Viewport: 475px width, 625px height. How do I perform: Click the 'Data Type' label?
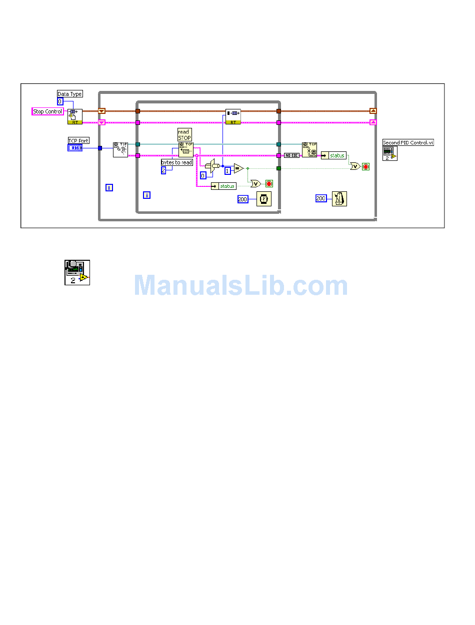(x=69, y=94)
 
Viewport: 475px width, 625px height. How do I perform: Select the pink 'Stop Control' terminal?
(x=47, y=111)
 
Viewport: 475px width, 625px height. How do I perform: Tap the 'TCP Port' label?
(x=78, y=141)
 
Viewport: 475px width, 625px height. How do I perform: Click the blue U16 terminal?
(x=75, y=148)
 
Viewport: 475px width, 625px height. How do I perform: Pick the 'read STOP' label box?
(x=184, y=135)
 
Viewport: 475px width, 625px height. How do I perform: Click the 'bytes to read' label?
(x=176, y=162)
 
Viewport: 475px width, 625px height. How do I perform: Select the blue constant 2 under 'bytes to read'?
(x=163, y=170)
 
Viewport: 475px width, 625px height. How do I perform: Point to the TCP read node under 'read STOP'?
(x=185, y=149)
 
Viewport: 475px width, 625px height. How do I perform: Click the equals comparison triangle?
(x=238, y=168)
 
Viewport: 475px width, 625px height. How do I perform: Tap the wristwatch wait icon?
(x=263, y=199)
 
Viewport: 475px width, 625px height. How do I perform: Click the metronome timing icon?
(x=339, y=199)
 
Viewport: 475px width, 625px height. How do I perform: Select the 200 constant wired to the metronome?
(x=321, y=198)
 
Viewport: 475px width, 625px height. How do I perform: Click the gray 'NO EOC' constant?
(x=291, y=155)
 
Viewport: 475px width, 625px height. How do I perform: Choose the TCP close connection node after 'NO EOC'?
(x=309, y=149)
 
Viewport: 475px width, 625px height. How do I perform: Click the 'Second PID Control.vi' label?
(x=408, y=143)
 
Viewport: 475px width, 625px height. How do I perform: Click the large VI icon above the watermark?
(x=77, y=272)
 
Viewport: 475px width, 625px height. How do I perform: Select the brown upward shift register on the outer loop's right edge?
(x=373, y=111)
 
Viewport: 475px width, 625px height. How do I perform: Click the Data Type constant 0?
(x=60, y=101)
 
